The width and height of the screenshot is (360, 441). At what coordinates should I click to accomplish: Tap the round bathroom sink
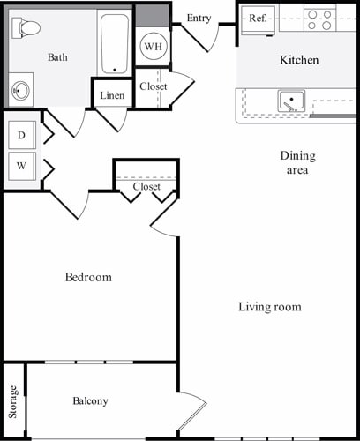20,90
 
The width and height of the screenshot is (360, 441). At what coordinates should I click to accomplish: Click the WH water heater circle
153,46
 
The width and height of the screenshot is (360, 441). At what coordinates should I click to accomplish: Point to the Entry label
199,18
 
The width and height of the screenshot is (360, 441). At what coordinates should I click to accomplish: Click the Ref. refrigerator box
258,18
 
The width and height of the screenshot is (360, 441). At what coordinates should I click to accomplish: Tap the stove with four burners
320,19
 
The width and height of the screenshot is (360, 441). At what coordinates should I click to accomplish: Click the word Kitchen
299,61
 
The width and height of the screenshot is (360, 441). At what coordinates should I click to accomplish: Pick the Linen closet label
112,95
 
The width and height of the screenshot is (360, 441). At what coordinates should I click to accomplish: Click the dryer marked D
21,136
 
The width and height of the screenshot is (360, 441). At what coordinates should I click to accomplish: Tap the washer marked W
21,165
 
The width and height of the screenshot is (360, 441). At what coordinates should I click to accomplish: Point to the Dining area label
297,163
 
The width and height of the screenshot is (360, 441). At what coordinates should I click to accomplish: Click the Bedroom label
89,278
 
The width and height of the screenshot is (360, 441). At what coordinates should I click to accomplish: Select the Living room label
270,307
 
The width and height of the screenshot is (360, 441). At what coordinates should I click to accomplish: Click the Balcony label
90,401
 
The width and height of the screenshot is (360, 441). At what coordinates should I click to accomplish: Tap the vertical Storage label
13,402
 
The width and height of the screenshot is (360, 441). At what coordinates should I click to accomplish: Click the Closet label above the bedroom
146,187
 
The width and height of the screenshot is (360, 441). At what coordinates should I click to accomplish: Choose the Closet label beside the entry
153,86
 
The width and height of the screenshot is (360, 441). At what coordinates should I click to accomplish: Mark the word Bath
57,58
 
